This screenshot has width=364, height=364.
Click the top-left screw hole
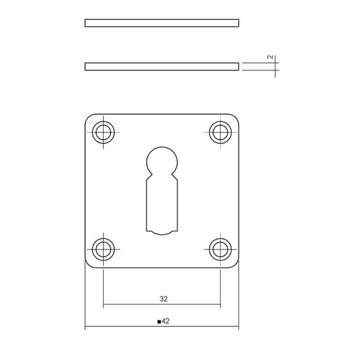pos(103,132)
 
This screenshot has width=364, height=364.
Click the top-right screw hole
pos(220,132)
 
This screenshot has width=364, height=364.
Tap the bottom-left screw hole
pos(103,249)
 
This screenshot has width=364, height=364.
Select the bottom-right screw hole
pos(220,249)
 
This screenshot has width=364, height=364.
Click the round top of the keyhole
pos(162,147)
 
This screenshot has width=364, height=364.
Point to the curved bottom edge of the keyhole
pos(162,234)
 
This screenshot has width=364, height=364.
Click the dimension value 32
pos(163,298)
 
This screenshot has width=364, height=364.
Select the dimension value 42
pos(166,321)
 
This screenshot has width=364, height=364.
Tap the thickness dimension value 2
pos(270,57)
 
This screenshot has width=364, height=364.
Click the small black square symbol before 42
pos(159,322)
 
